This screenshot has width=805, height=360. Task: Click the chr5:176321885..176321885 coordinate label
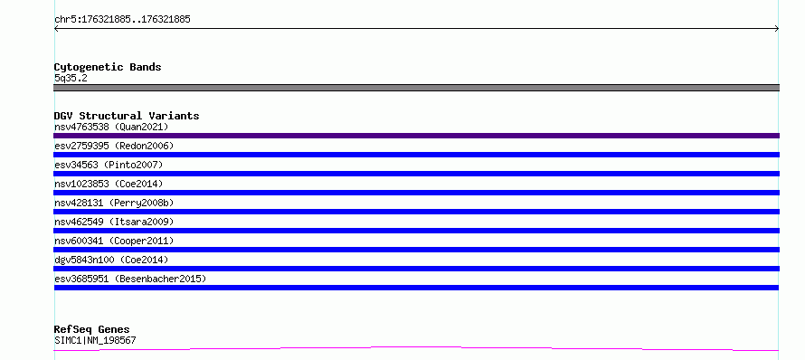click(x=122, y=20)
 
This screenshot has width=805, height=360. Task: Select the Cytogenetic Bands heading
click(x=108, y=67)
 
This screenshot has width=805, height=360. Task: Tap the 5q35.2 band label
click(x=71, y=79)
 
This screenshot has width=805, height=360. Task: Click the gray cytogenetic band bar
click(x=416, y=88)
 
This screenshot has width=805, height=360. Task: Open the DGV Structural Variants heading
click(x=127, y=116)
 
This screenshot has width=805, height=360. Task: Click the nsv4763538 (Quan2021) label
click(x=111, y=127)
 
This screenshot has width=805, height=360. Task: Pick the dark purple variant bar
click(x=416, y=136)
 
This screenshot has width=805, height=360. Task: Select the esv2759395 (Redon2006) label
click(x=114, y=146)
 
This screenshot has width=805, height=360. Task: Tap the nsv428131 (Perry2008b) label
click(x=114, y=203)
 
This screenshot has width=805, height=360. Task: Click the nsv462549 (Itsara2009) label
click(x=114, y=222)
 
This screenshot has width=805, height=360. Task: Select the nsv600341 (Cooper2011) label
click(x=114, y=241)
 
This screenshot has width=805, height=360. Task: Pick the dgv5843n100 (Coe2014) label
click(x=111, y=260)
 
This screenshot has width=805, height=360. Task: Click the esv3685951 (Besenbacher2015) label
click(x=130, y=279)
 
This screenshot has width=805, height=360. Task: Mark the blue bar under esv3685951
click(x=416, y=288)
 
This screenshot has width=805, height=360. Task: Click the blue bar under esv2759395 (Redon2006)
click(x=416, y=155)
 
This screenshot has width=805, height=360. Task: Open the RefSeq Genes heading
click(x=92, y=329)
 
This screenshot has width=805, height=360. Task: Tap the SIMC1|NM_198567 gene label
click(x=95, y=340)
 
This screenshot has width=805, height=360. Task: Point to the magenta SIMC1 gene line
click(x=416, y=348)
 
